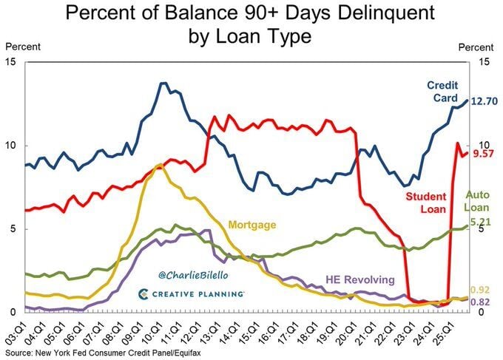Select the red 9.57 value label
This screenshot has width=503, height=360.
(485, 154)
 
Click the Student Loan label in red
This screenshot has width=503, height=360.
(425, 203)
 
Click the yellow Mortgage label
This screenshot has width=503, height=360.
(251, 223)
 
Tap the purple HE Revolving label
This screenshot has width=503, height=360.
(361, 280)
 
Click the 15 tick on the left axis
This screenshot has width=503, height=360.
(12, 61)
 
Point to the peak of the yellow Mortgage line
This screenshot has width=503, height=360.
(160, 164)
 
